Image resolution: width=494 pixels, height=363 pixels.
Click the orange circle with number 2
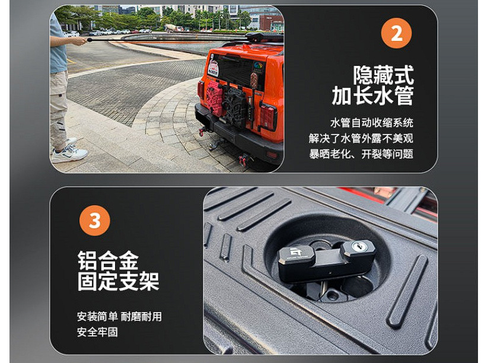click(x=397, y=33)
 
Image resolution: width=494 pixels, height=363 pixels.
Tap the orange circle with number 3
click(x=95, y=221)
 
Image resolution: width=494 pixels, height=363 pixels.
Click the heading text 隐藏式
click(x=383, y=75)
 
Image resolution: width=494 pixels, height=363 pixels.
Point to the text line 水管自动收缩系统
click(x=372, y=123)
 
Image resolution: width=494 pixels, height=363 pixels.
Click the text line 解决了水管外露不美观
click(x=361, y=138)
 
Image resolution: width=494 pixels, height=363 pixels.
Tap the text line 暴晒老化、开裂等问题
click(x=361, y=154)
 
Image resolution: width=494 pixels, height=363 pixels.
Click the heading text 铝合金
click(x=108, y=260)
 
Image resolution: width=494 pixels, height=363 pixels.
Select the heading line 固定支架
click(x=118, y=281)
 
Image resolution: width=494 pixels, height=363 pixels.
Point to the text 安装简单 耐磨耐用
click(x=119, y=316)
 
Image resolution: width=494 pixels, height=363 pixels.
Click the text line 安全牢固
click(x=97, y=332)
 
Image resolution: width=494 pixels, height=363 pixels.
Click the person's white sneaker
click(x=69, y=154)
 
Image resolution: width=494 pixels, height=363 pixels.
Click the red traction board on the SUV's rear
click(x=214, y=98)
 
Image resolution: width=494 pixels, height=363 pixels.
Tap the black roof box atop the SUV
click(x=264, y=37)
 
